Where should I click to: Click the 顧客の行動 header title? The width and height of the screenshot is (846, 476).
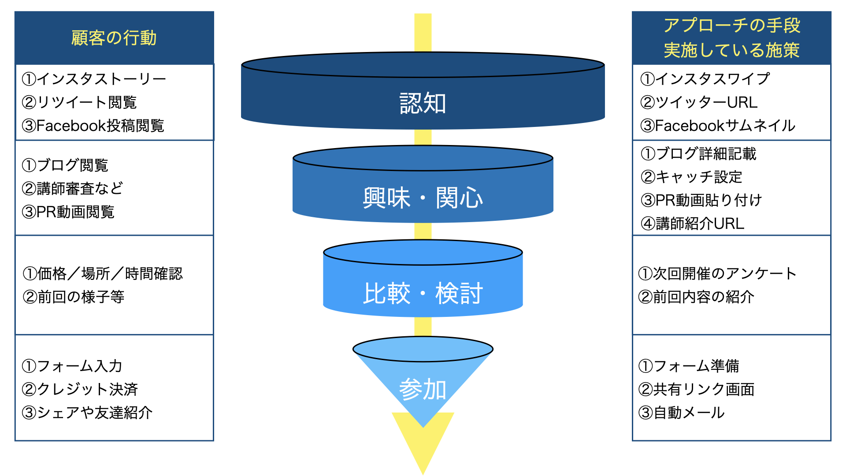[114, 38]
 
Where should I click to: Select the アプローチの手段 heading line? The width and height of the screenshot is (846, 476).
[731, 25]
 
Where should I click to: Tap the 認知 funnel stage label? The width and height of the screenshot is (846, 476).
[423, 104]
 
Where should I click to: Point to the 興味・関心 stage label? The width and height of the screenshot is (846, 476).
[423, 197]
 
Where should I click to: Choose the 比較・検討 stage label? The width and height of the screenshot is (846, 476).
[423, 293]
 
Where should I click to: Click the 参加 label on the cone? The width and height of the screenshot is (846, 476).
[423, 389]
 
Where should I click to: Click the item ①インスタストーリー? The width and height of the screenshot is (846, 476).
[94, 79]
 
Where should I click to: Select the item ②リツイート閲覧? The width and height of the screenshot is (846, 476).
[79, 102]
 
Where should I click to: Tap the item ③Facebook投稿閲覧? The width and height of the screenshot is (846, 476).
[93, 126]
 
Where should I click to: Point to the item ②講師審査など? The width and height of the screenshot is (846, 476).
[72, 189]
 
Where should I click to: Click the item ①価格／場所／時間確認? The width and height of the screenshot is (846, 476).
[102, 274]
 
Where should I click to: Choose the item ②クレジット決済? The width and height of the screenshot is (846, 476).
[80, 389]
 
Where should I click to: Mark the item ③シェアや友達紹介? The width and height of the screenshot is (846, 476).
[87, 413]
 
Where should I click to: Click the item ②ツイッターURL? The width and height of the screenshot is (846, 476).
[699, 102]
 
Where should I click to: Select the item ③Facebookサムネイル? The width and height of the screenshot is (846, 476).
[718, 126]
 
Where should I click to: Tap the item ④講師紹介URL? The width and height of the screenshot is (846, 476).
[692, 223]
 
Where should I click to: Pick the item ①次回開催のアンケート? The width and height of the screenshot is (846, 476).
[717, 274]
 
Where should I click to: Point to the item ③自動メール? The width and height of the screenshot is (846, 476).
[681, 413]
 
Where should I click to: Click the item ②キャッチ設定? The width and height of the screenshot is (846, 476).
[691, 177]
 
